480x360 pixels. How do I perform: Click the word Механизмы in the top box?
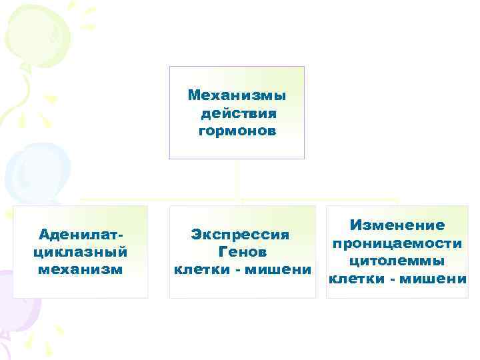click(x=237, y=95)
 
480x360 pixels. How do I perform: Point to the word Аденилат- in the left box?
click(x=81, y=235)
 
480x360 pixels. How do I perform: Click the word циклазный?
click(x=80, y=252)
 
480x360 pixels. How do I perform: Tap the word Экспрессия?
click(x=240, y=235)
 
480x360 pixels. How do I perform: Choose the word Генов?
click(x=242, y=252)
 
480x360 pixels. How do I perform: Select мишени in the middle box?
click(x=284, y=269)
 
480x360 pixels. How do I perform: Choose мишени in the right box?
click(x=439, y=278)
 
